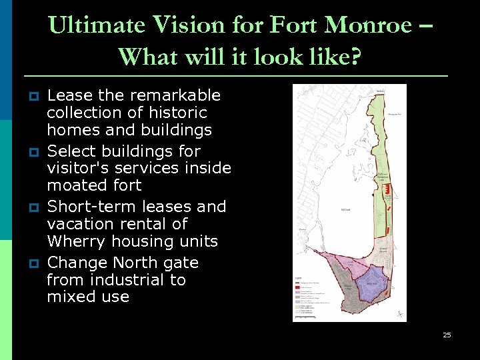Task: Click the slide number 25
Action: click(447, 335)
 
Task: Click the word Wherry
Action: click(74, 241)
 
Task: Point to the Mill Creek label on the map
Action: click(345, 209)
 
